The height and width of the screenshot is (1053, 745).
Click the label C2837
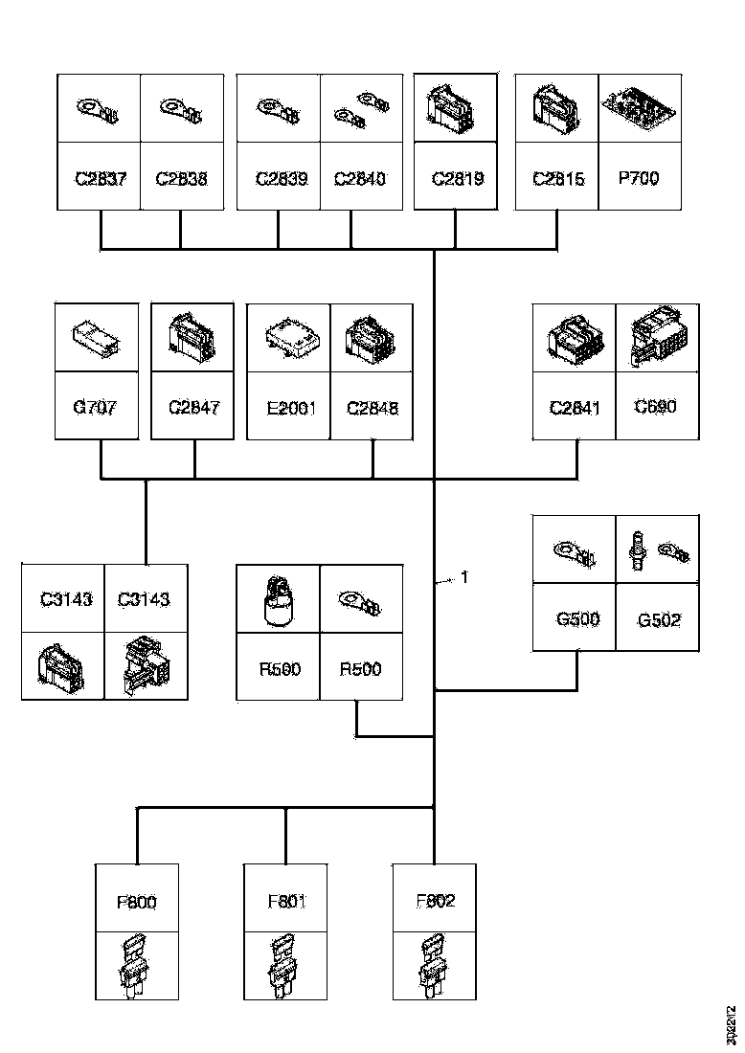[x=100, y=178]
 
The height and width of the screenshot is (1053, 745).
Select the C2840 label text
[x=359, y=178]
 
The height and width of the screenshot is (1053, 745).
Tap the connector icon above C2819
[x=455, y=108]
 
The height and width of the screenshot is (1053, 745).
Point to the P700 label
[x=640, y=178]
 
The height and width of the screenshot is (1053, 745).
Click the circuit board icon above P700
[x=640, y=108]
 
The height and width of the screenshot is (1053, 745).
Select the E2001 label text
[x=289, y=408]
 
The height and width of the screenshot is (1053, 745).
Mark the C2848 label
[x=372, y=408]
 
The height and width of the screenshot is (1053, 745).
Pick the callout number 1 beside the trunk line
[x=464, y=577]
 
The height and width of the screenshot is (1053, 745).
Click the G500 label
[x=577, y=618]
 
